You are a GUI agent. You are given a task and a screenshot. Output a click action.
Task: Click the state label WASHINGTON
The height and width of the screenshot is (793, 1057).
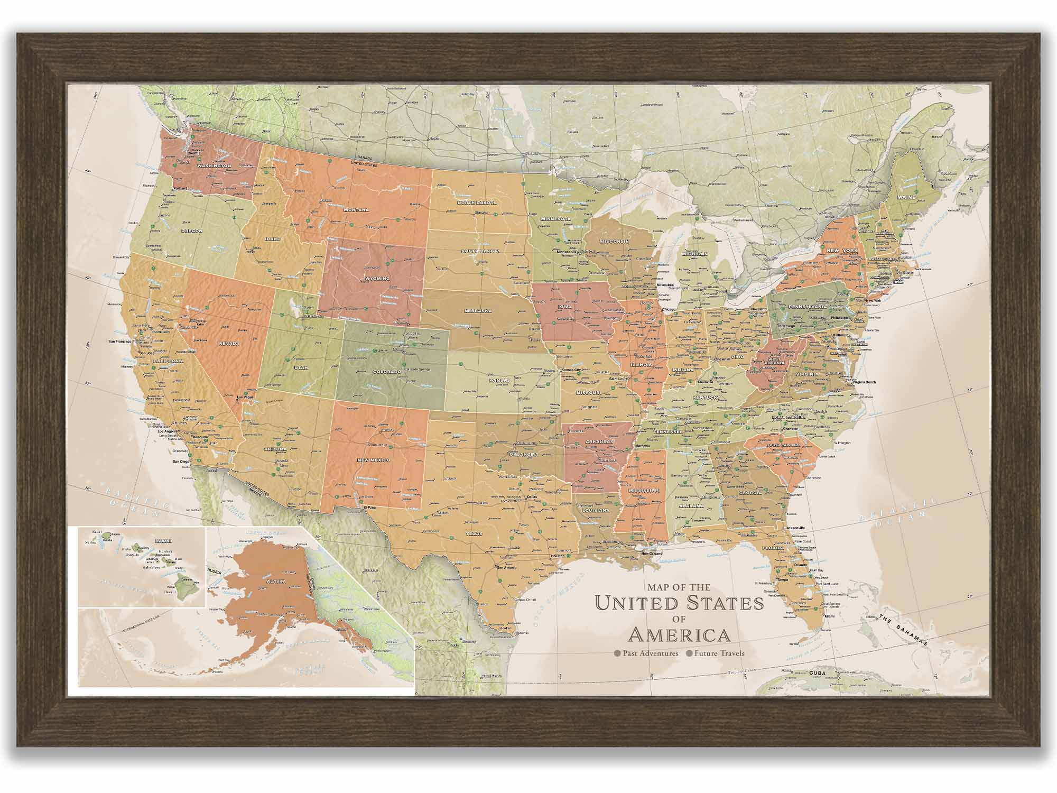click(x=214, y=166)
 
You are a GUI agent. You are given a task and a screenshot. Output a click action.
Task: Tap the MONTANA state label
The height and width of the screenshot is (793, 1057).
click(x=356, y=210)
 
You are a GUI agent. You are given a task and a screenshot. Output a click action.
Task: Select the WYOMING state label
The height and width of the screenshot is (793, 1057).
click(x=377, y=278)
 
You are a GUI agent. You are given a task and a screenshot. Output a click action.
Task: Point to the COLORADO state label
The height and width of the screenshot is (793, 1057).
click(x=387, y=372)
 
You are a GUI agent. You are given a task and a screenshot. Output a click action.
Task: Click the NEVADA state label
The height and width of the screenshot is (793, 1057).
click(x=229, y=344)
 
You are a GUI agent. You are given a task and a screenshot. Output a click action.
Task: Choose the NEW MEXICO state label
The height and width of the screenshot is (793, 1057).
click(x=374, y=460)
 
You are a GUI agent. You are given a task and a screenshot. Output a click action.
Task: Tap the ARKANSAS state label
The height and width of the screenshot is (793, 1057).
click(x=599, y=441)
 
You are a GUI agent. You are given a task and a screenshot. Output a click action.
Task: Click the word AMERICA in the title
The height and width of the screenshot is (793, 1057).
click(x=679, y=634)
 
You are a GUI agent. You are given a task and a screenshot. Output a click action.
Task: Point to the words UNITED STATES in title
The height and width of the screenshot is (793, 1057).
click(x=679, y=603)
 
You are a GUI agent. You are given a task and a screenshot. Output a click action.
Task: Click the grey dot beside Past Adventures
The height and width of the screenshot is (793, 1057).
click(x=617, y=653)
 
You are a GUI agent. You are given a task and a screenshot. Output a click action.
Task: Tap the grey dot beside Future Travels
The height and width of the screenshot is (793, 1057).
click(x=689, y=653)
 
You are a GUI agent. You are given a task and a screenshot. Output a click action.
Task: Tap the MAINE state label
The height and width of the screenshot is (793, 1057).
click(x=905, y=197)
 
